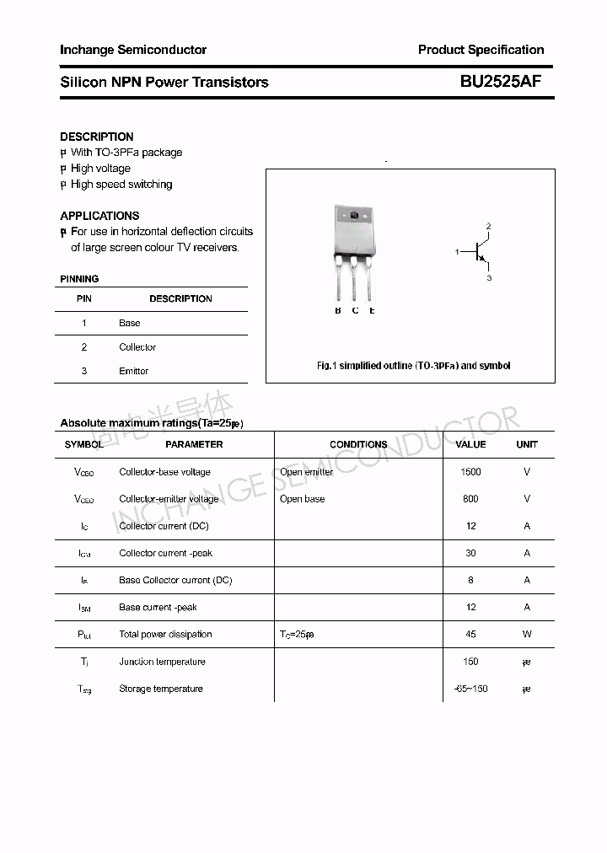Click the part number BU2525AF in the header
pyautogui.click(x=501, y=82)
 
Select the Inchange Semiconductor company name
pyautogui.click(x=133, y=50)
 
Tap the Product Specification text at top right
pyautogui.click(x=481, y=50)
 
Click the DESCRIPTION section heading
pyautogui.click(x=97, y=137)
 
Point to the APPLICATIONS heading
pyautogui.click(x=99, y=216)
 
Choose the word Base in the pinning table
pyautogui.click(x=130, y=323)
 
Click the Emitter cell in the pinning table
pyautogui.click(x=133, y=371)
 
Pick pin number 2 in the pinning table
pyautogui.click(x=84, y=347)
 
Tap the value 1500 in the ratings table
pyautogui.click(x=470, y=472)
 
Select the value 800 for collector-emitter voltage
pyautogui.click(x=470, y=499)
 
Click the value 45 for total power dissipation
pyautogui.click(x=470, y=635)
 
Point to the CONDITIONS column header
pyautogui.click(x=358, y=444)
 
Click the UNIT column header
pyautogui.click(x=527, y=444)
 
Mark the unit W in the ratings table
pyautogui.click(x=527, y=635)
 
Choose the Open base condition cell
pyautogui.click(x=303, y=499)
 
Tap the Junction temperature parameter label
pyautogui.click(x=161, y=662)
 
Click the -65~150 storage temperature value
pyautogui.click(x=470, y=689)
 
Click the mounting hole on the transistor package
pyautogui.click(x=355, y=217)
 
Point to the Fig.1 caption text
pyautogui.click(x=413, y=366)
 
